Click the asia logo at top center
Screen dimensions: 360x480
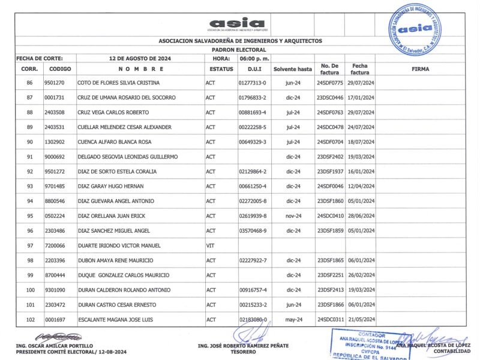236,23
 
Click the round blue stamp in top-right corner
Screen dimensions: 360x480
415,29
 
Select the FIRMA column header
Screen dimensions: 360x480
421,69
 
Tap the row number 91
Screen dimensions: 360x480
29,157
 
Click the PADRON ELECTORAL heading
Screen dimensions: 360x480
240,51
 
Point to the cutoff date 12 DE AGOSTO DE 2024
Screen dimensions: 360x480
140,59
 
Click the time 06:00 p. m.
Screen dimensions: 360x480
254,59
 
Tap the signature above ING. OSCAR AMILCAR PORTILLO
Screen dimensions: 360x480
58,337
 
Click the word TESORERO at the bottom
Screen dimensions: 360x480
243,352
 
